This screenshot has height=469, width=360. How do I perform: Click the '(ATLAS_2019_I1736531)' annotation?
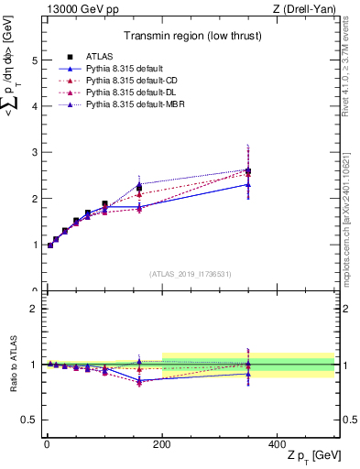[191, 273]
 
